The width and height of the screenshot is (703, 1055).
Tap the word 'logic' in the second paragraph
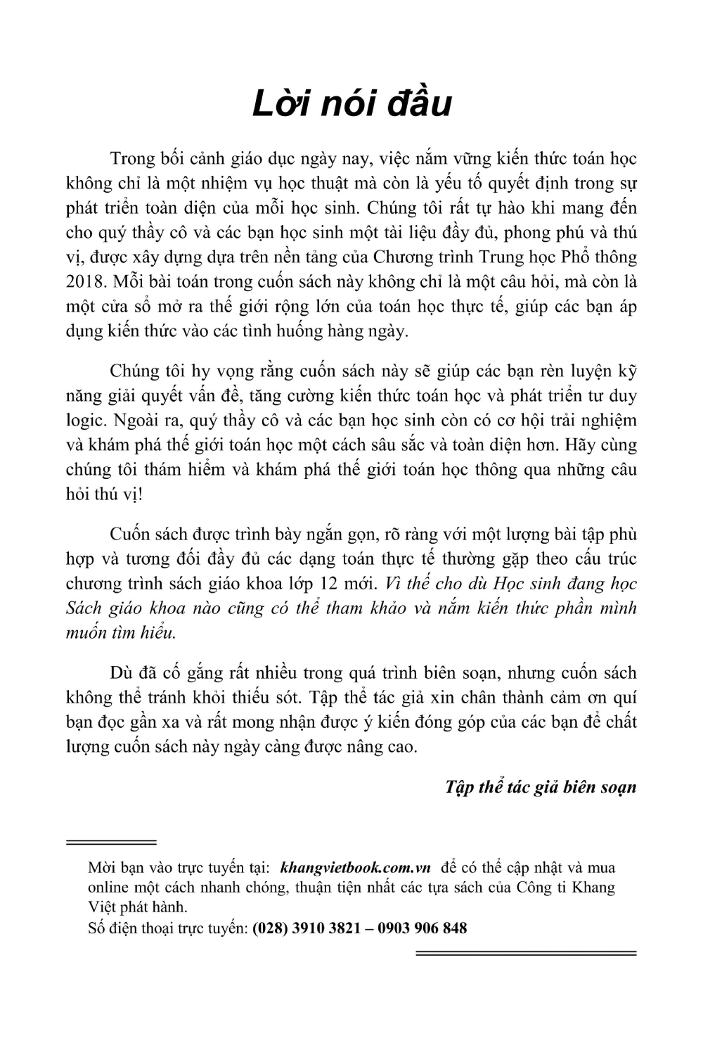coord(82,420)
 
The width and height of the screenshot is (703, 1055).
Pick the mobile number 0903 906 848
coord(422,928)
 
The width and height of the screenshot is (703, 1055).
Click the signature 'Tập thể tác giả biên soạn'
coord(541,786)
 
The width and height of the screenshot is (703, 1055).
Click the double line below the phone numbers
coord(526,953)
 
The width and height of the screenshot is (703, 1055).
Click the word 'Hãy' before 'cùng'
coord(573,445)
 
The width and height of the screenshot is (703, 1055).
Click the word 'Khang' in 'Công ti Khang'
coord(594,888)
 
